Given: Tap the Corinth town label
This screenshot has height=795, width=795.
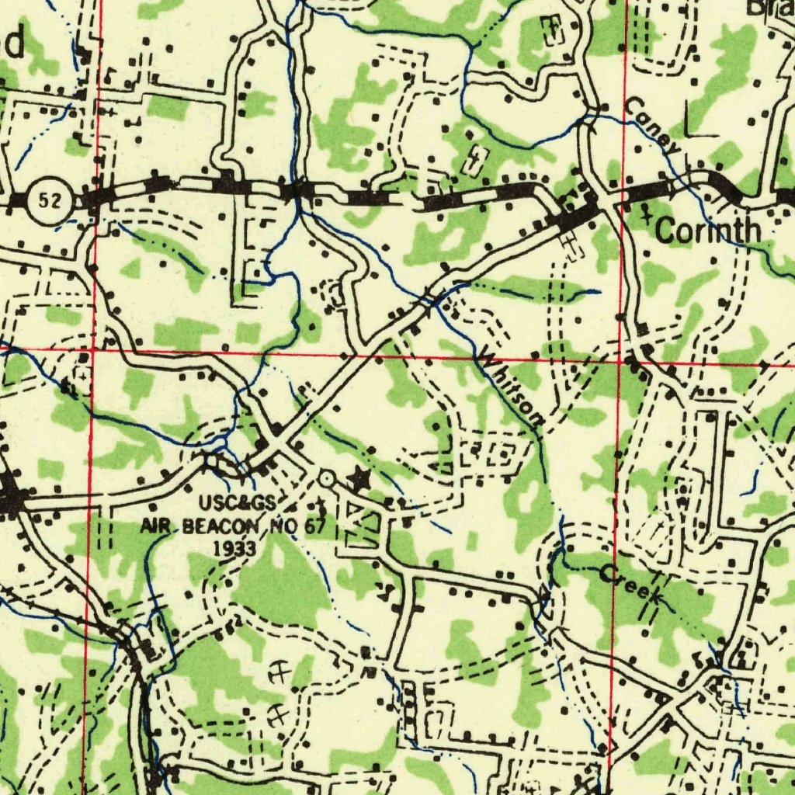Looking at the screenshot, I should [707, 231].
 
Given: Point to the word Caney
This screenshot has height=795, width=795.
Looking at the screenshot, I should [653, 124].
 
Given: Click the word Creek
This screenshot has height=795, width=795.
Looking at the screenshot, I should [630, 586].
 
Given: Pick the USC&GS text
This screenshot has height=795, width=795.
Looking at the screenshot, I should [237, 503].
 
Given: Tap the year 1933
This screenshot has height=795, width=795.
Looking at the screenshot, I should [235, 548].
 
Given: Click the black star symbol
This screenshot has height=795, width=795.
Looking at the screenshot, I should [358, 479].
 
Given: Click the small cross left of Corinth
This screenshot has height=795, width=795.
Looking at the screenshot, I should [644, 215].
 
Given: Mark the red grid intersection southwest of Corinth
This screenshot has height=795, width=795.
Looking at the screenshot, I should [620, 360].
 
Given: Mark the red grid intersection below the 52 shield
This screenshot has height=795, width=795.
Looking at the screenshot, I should [92, 350].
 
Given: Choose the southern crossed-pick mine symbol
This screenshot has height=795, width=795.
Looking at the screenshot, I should [277, 715].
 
